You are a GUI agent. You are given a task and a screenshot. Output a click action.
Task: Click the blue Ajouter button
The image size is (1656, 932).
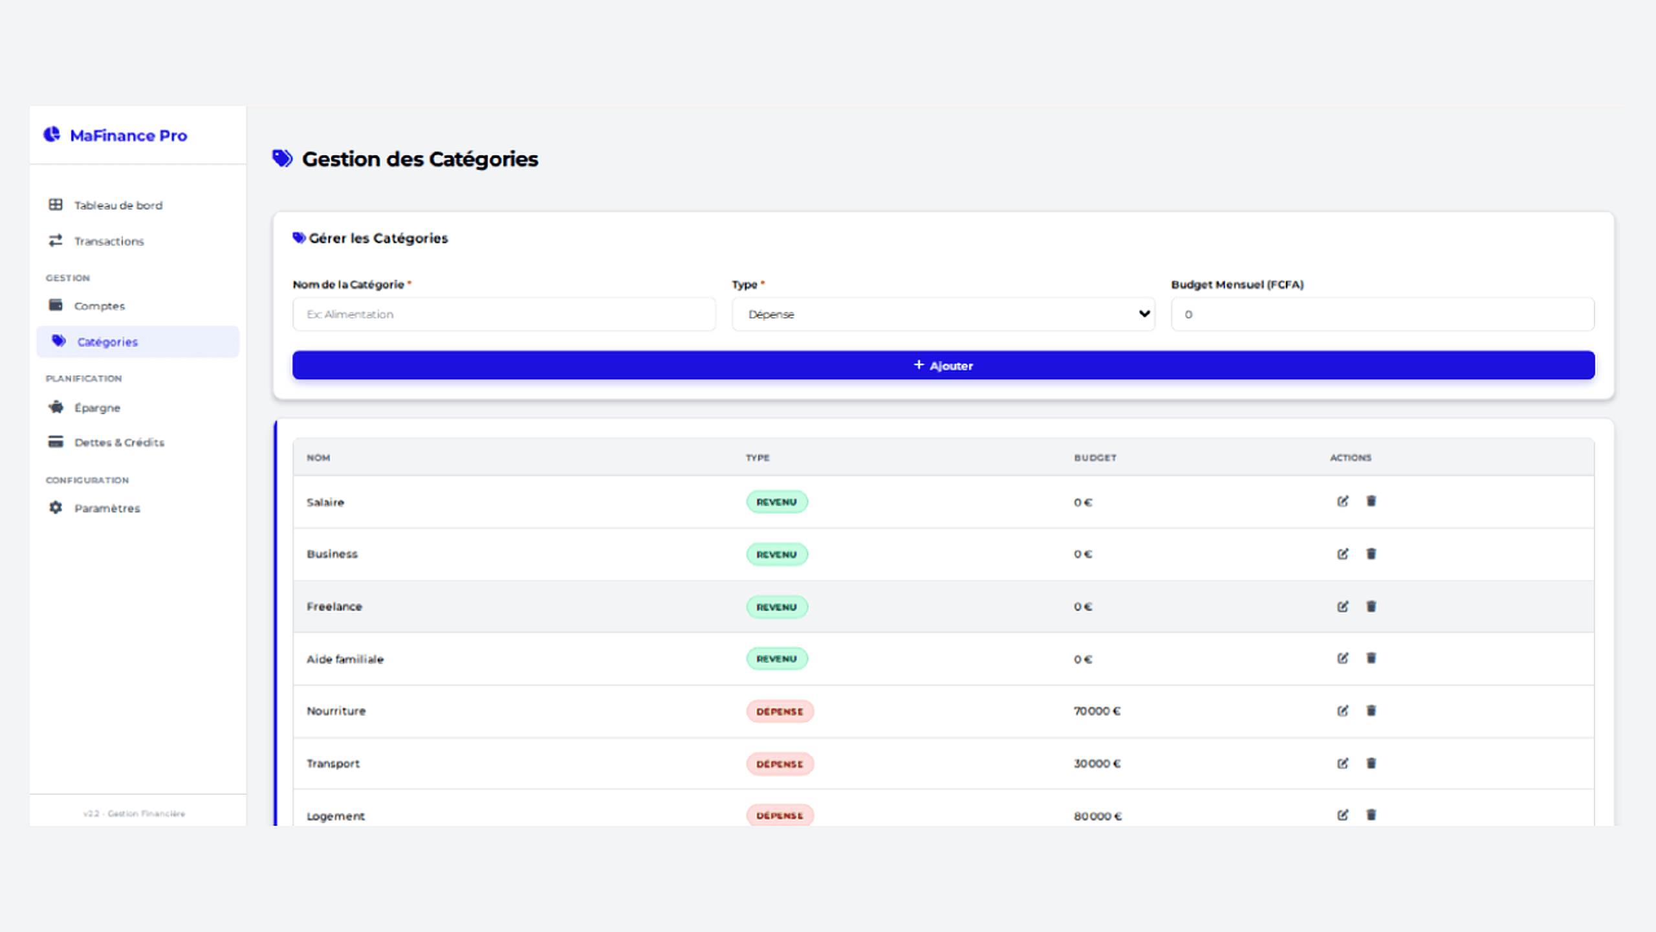(943, 366)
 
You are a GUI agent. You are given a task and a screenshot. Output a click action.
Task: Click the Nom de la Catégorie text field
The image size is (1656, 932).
(504, 315)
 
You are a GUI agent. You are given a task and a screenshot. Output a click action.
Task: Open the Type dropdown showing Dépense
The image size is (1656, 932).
(943, 315)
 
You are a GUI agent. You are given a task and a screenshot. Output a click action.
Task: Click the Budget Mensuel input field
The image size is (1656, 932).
(1382, 315)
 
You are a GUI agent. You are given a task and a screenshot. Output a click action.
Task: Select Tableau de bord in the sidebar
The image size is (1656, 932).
(118, 205)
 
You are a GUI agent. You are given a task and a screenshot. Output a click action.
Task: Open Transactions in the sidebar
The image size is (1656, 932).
(109, 241)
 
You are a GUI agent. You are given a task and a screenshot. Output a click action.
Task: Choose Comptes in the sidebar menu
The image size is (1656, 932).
(99, 306)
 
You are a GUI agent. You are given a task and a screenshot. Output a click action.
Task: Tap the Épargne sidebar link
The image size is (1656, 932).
(97, 408)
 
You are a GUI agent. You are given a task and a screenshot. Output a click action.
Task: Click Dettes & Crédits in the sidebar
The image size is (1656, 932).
(119, 443)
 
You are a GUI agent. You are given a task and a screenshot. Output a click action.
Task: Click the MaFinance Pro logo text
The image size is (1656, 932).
(128, 136)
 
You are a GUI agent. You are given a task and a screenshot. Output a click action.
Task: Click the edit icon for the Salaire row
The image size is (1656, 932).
(1343, 502)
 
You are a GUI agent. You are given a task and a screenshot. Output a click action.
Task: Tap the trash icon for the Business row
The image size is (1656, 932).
(1371, 554)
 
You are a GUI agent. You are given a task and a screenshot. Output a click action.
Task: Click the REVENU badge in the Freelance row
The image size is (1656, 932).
(777, 607)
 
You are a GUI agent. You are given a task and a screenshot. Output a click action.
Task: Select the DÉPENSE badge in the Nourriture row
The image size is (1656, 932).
(779, 712)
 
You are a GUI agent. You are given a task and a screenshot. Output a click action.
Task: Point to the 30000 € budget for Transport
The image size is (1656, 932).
(1097, 764)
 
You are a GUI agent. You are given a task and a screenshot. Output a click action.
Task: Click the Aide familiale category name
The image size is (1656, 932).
(345, 660)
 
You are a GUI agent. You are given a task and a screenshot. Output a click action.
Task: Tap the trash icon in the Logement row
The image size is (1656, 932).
(1371, 815)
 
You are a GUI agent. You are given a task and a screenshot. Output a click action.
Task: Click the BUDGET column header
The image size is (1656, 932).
(1095, 458)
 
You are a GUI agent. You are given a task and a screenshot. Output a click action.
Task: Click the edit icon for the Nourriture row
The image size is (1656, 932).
(1343, 711)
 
